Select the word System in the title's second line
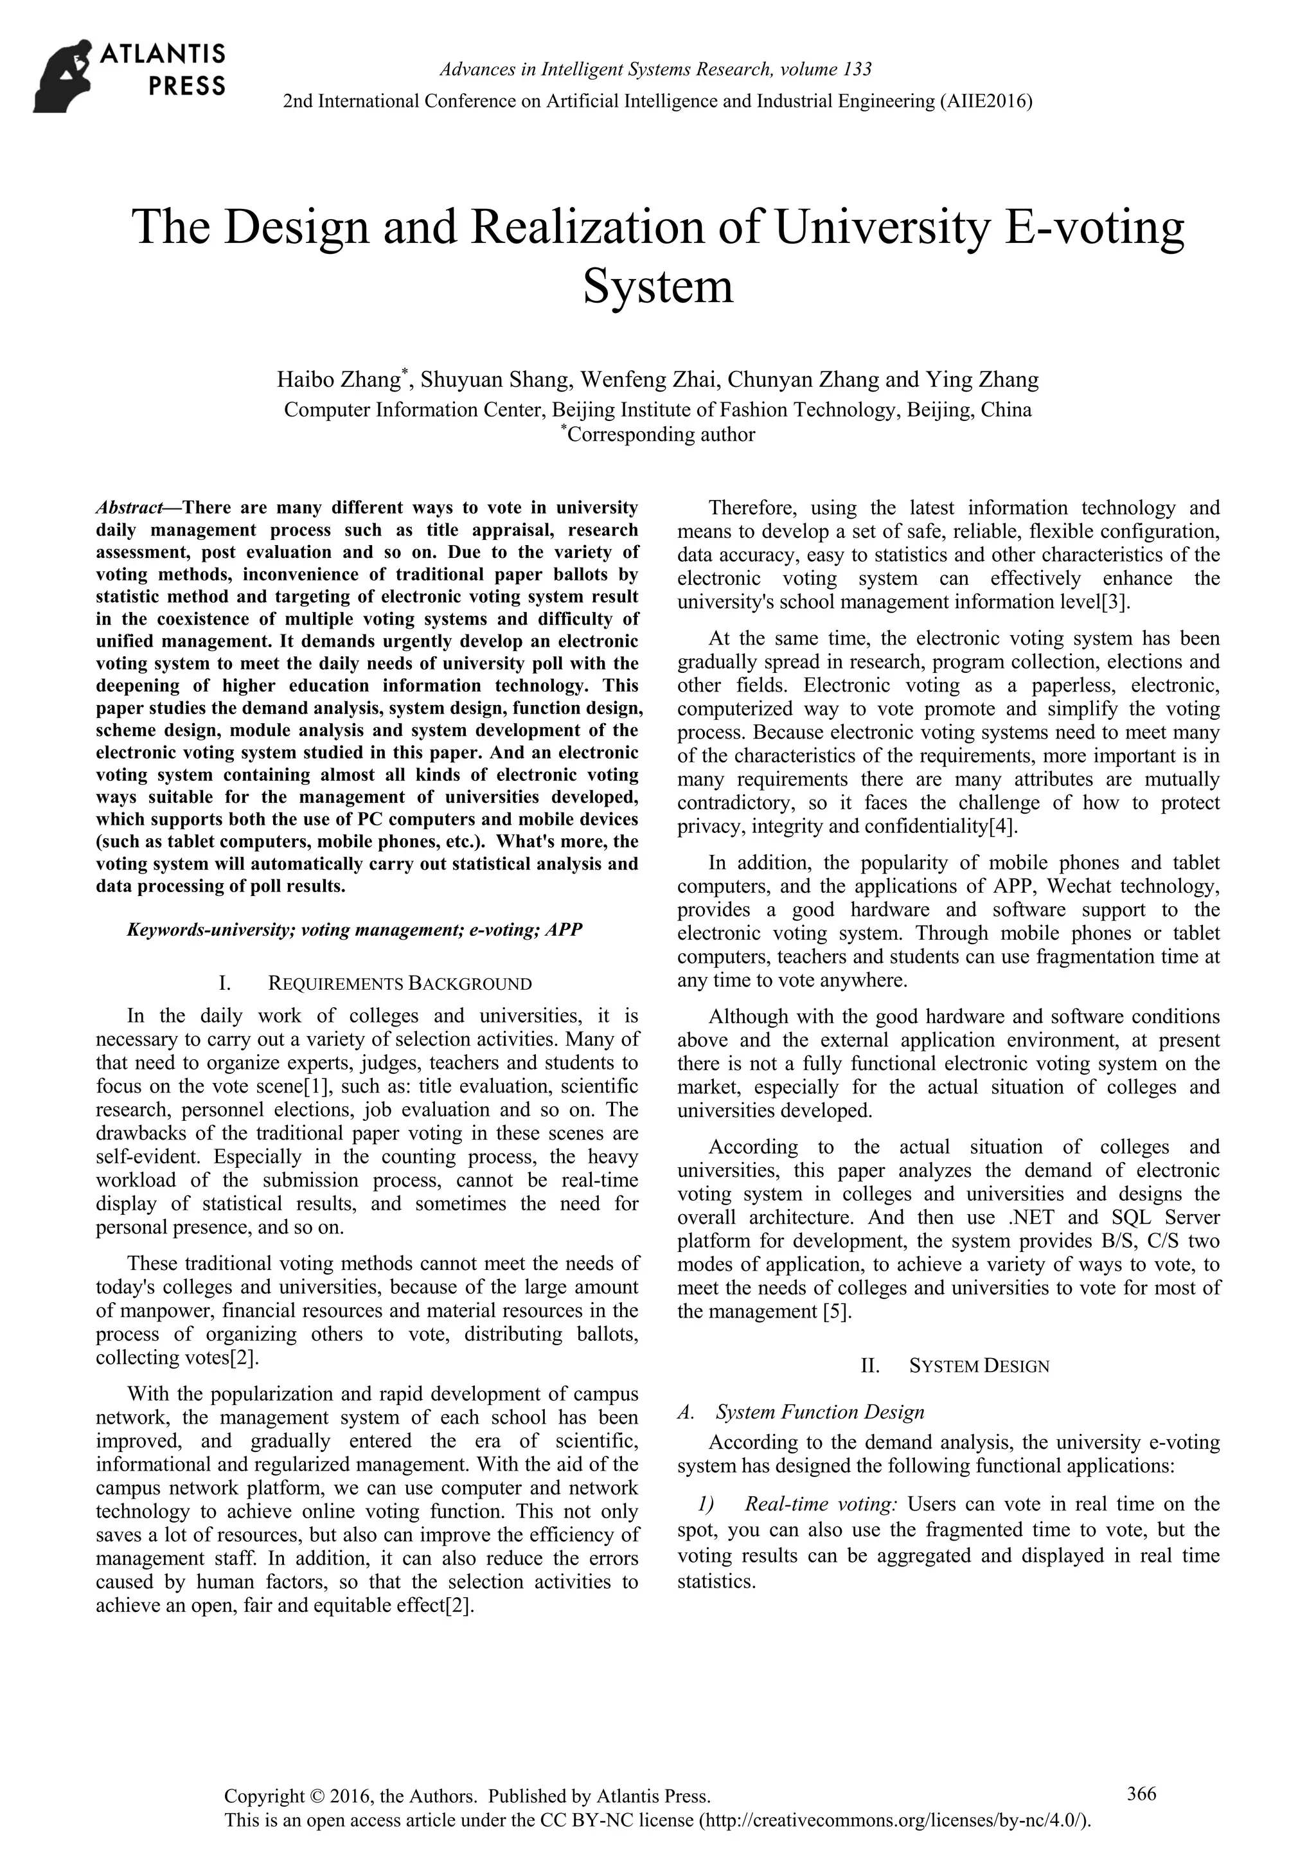point(657,285)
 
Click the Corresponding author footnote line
point(657,434)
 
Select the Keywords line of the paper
point(354,929)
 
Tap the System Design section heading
point(978,1366)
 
